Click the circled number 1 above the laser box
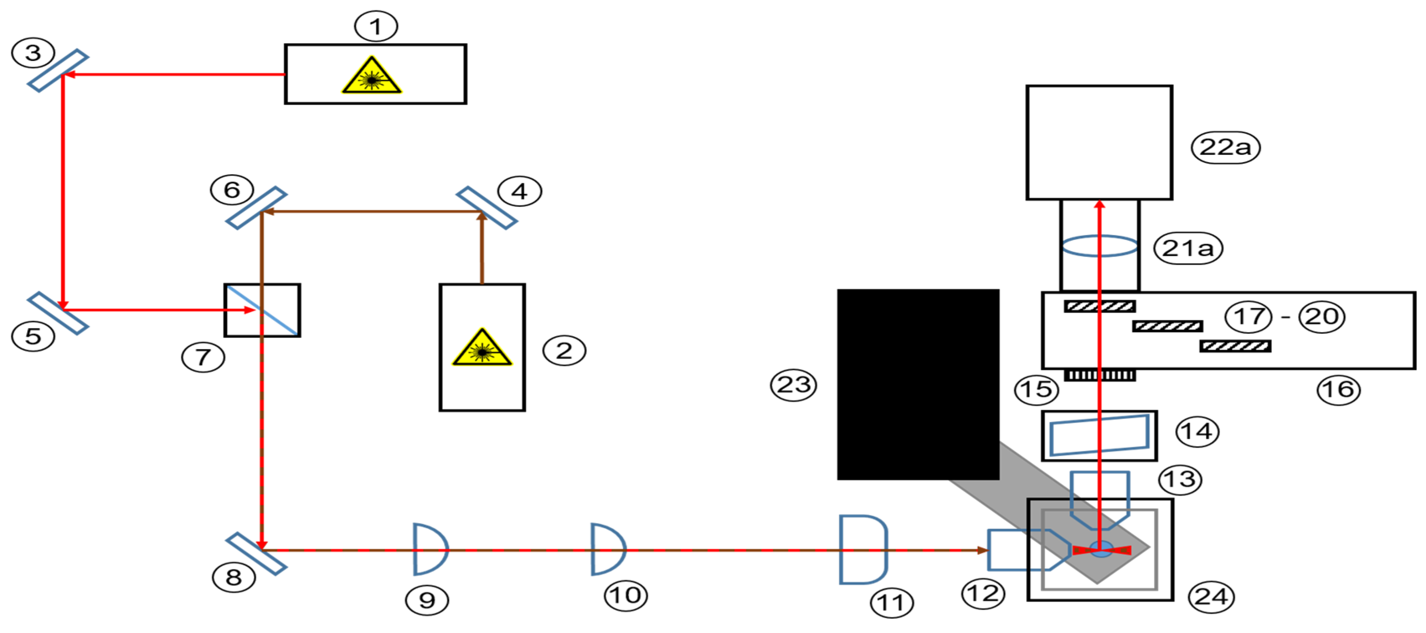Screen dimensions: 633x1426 (x=376, y=26)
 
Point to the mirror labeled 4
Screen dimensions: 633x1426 (x=487, y=207)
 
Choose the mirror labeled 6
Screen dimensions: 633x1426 (x=256, y=208)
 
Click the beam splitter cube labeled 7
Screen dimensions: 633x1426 (x=262, y=310)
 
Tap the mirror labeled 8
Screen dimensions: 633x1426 (x=256, y=553)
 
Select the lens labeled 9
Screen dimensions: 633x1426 (x=429, y=549)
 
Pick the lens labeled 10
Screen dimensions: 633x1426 (x=607, y=549)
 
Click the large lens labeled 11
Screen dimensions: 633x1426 (x=863, y=549)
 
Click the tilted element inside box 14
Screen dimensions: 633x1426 (x=1099, y=436)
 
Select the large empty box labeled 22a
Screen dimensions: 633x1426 (x=1099, y=142)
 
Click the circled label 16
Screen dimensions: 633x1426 (x=1339, y=390)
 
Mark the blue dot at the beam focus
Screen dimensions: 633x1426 (x=1101, y=548)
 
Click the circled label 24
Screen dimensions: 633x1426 (x=1211, y=597)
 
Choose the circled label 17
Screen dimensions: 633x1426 (x=1248, y=316)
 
